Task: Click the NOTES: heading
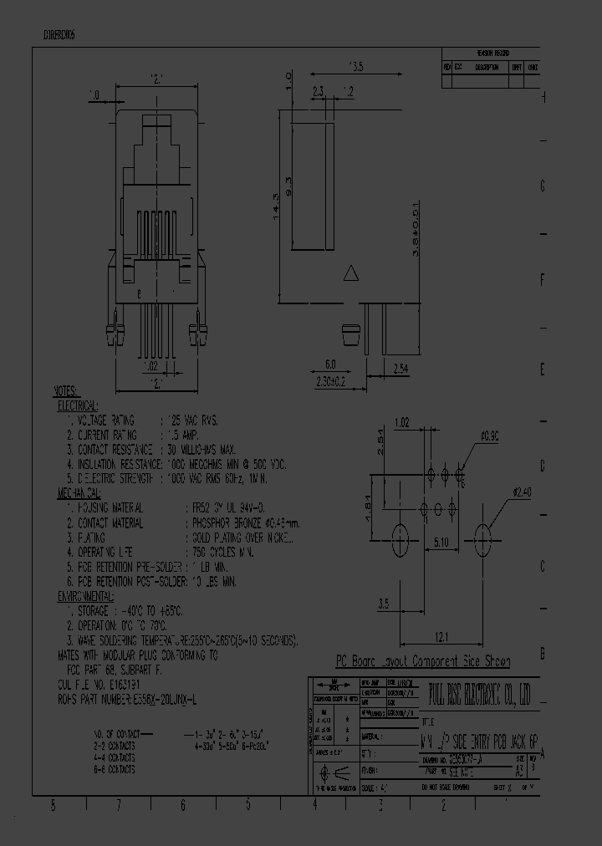[65, 391]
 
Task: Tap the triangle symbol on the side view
[352, 273]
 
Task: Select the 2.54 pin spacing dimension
[401, 367]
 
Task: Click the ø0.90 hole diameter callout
[491, 436]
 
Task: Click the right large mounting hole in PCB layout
[482, 535]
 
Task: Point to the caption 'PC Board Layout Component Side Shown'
[422, 661]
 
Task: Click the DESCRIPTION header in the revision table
[487, 67]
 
